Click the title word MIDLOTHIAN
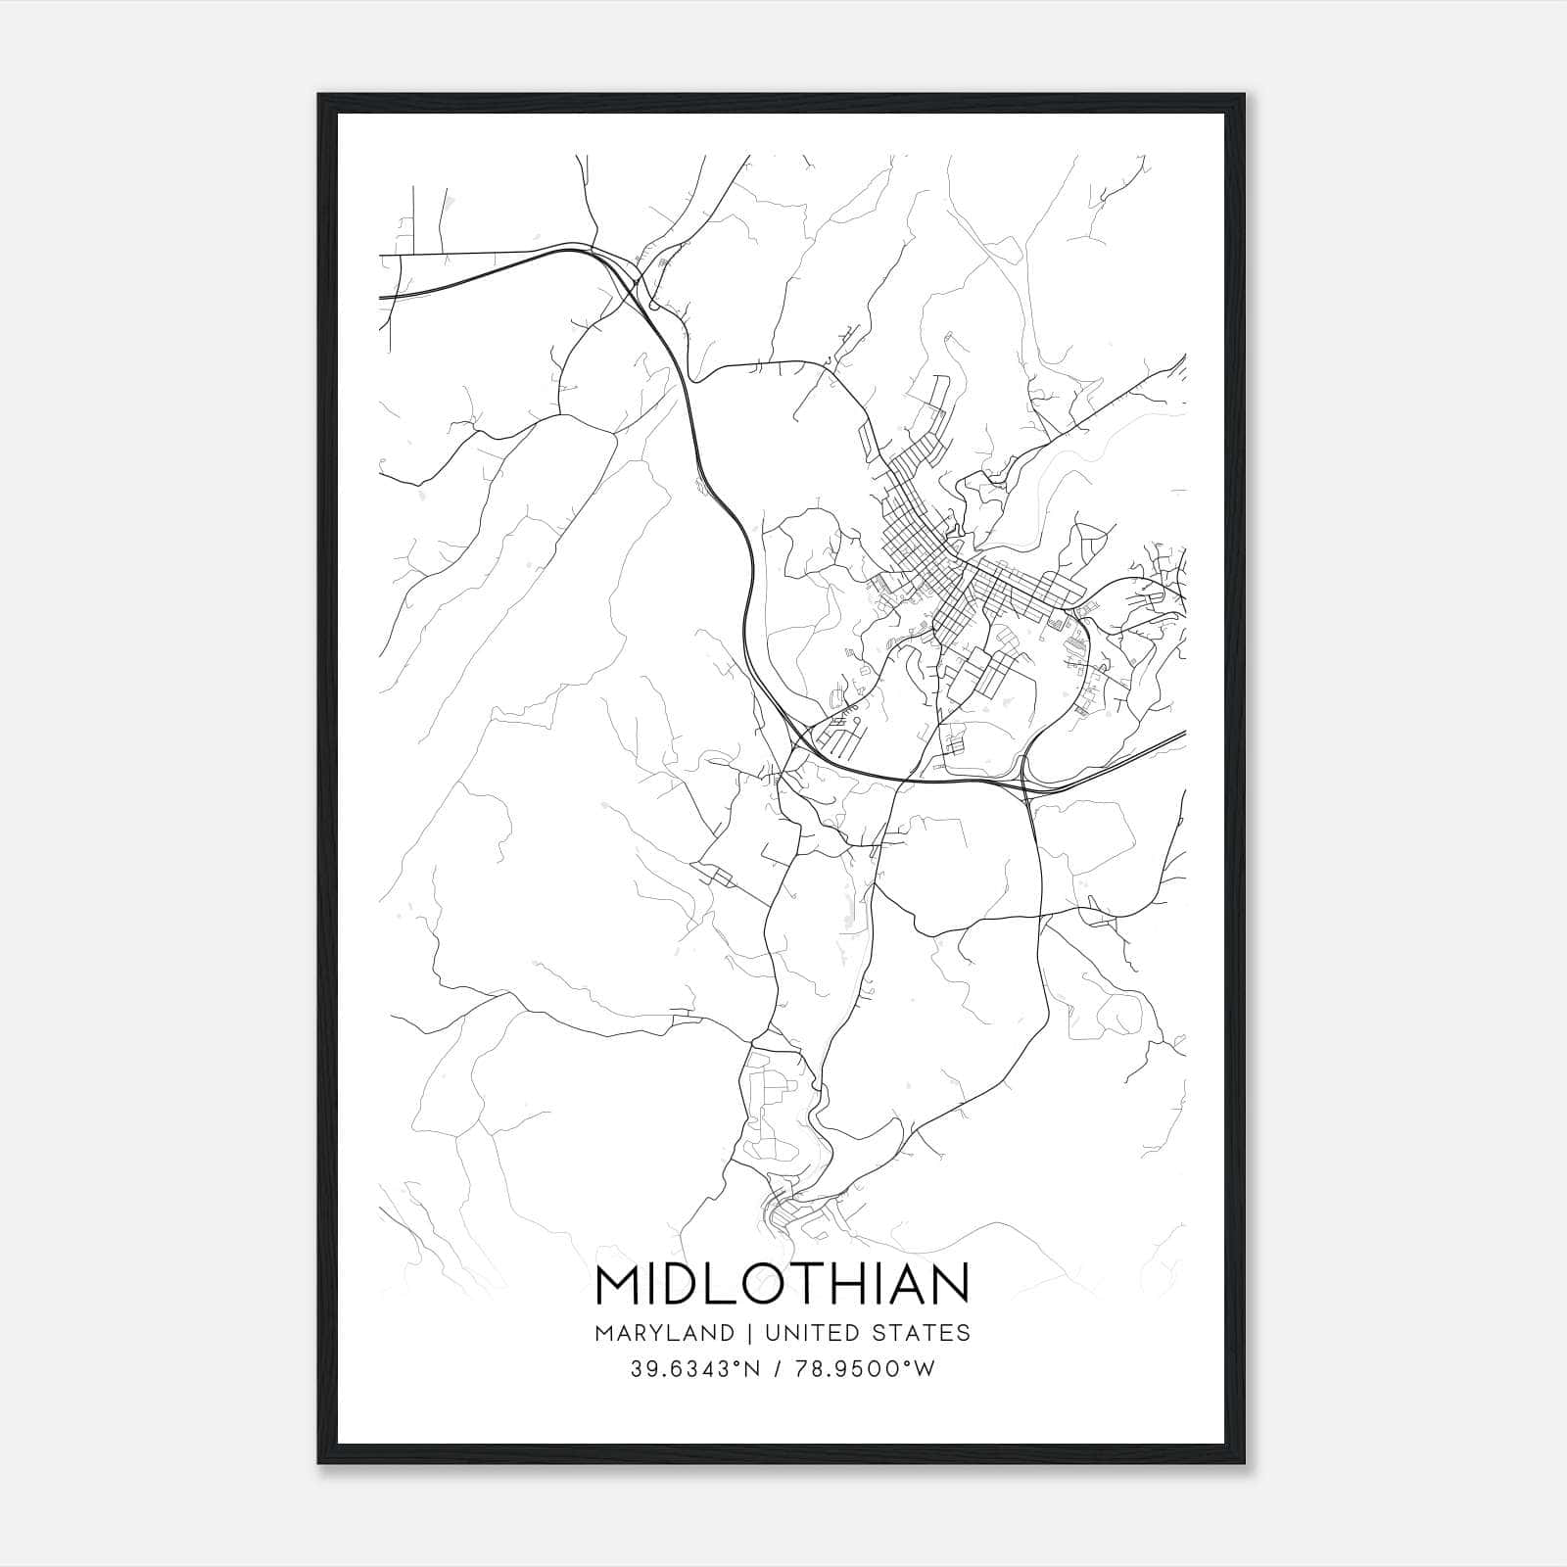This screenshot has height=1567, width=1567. click(x=782, y=1285)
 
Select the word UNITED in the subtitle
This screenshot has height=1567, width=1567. click(x=806, y=1333)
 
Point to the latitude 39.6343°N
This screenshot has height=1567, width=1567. click(x=694, y=1369)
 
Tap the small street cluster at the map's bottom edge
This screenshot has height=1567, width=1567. click(x=798, y=1214)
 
